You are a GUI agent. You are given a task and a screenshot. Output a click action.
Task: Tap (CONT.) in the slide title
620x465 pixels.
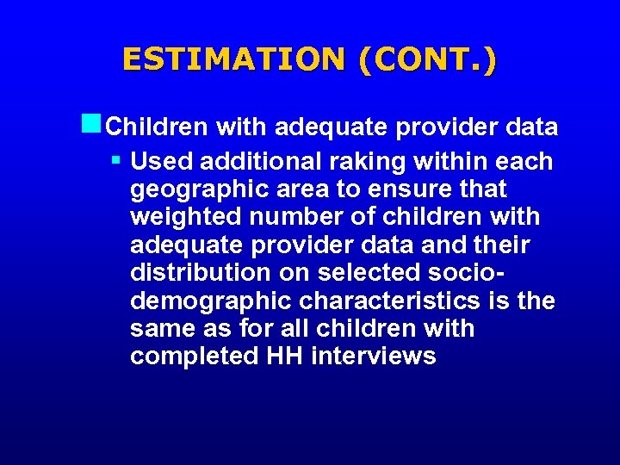(x=427, y=59)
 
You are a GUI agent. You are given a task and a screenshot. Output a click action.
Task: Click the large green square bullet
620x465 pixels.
(x=93, y=124)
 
